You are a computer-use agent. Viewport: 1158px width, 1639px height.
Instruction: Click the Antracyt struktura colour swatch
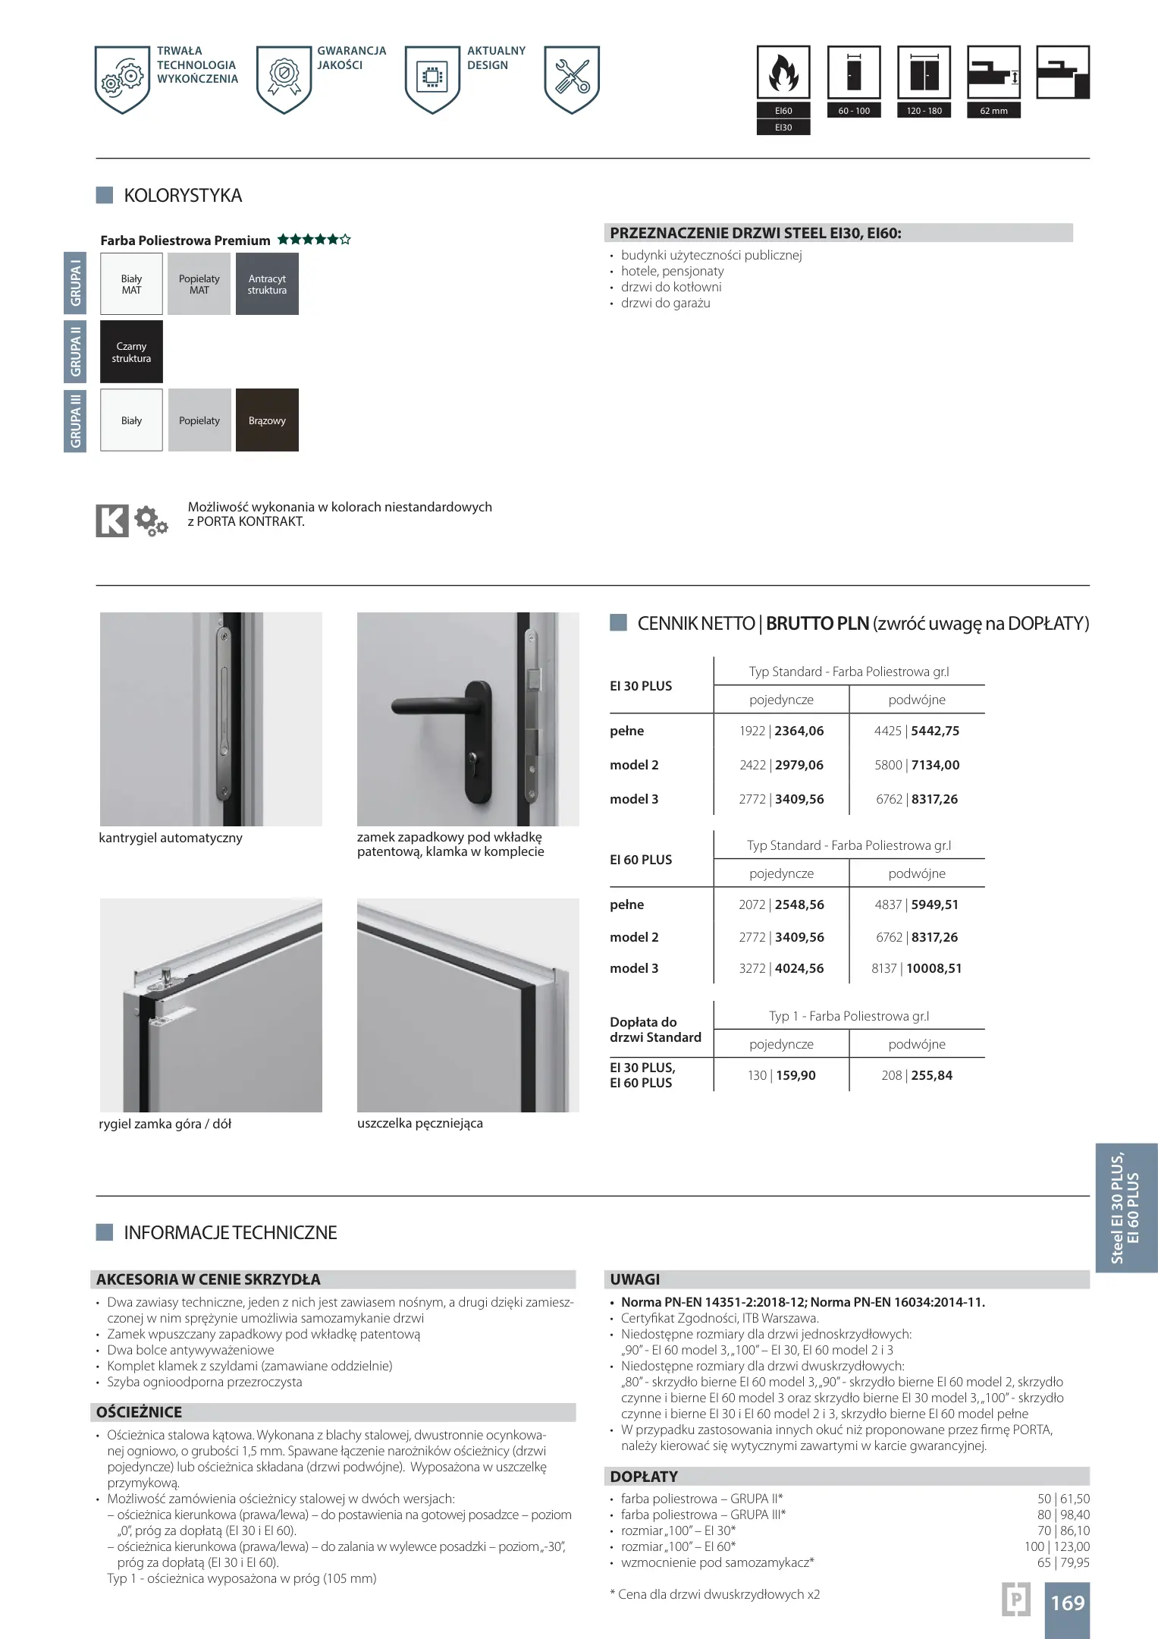point(267,284)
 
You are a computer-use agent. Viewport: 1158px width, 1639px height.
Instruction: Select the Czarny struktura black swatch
point(131,351)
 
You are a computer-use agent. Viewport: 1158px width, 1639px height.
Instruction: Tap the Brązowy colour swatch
point(267,420)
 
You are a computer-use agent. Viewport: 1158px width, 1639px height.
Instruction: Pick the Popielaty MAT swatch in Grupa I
point(199,284)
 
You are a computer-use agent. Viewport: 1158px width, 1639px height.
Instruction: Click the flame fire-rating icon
point(783,73)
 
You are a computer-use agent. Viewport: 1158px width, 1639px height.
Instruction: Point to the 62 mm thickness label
point(993,111)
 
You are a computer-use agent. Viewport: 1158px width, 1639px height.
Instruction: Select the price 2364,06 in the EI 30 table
point(799,731)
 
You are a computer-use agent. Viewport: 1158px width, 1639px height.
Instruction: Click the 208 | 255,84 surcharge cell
point(916,1075)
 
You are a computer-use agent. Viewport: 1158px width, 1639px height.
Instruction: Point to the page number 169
point(1067,1603)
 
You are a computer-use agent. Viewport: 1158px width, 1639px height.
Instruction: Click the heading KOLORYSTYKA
point(183,196)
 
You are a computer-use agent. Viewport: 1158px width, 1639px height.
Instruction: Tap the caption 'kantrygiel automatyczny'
point(171,838)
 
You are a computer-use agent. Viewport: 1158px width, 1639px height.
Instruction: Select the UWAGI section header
point(635,1279)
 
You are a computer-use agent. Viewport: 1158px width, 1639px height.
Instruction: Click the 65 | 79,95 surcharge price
point(1063,1562)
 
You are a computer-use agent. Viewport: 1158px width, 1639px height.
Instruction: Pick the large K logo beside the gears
point(112,521)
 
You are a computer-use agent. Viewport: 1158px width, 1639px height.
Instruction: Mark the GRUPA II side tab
point(75,351)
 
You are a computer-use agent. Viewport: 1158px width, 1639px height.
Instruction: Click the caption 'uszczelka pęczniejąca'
point(419,1123)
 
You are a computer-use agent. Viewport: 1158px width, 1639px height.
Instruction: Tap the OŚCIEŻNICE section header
point(140,1412)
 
